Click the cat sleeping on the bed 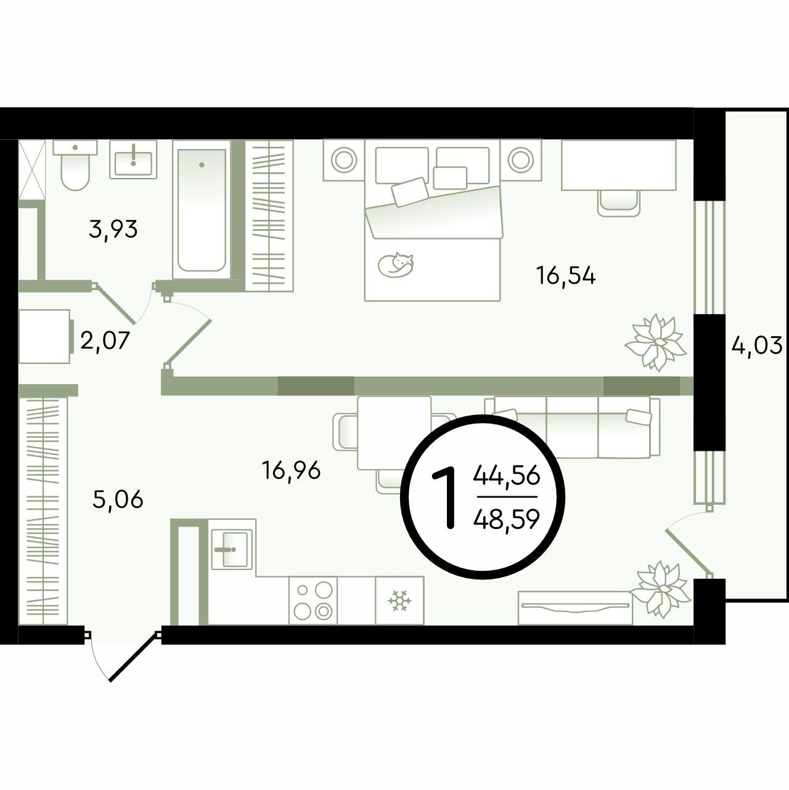396,264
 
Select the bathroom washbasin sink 133,159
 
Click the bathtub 202,209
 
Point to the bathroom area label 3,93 113,230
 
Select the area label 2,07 105,341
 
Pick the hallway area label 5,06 118,499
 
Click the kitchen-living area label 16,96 292,470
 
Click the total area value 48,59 506,520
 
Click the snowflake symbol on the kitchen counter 399,601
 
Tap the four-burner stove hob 313,600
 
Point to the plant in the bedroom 655,342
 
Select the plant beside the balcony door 661,590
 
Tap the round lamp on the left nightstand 343,160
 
